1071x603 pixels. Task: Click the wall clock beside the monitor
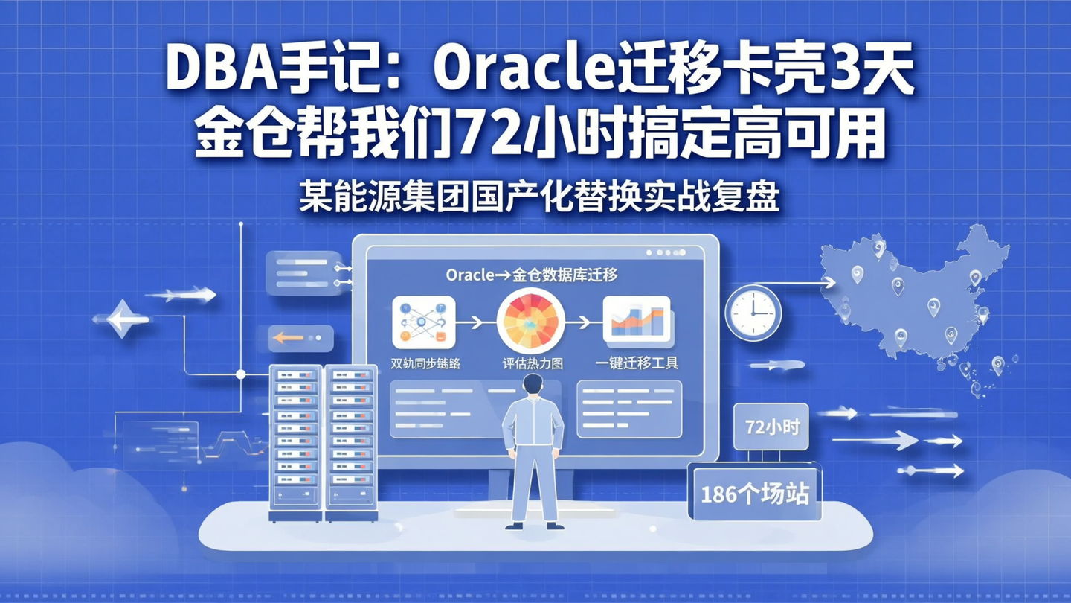[x=753, y=313]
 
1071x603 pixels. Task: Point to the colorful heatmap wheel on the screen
[x=530, y=321]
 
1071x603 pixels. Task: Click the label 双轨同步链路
[x=425, y=364]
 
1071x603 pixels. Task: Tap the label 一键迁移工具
[x=637, y=364]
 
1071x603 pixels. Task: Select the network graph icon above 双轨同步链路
[x=423, y=322]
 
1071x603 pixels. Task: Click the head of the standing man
[x=533, y=385]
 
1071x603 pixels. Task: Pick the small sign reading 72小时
[x=771, y=427]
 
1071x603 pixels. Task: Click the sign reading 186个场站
[x=754, y=493]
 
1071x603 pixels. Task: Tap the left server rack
[x=295, y=442]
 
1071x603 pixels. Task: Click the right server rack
[x=351, y=442]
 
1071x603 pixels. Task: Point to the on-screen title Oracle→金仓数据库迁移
[x=532, y=274]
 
